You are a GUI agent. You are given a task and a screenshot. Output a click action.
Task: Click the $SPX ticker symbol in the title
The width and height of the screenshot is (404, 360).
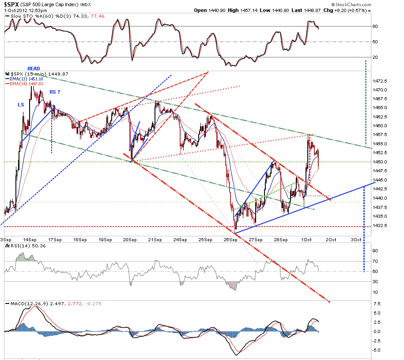pos(11,4)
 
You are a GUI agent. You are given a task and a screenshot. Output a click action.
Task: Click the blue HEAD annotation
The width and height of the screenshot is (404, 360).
pos(34,68)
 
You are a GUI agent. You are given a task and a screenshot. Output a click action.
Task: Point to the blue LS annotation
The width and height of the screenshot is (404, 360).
pos(21,105)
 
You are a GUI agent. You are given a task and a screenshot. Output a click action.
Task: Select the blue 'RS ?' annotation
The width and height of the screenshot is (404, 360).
pos(55,92)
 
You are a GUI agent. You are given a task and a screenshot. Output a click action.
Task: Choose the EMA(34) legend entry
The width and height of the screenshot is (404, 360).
pos(24,83)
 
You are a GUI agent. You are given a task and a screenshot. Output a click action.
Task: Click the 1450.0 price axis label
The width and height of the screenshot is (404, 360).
pos(380,162)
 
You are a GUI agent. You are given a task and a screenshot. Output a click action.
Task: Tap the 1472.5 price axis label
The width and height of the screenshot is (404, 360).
pos(380,81)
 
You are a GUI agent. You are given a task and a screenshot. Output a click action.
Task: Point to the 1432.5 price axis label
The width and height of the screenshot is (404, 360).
pos(380,225)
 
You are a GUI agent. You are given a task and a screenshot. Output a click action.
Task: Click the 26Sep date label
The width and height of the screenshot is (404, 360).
pos(230,240)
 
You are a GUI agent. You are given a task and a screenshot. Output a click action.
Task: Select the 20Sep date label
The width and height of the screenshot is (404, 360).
pos(130,240)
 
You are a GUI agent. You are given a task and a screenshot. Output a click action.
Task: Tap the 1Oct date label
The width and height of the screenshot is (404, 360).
pos(306,240)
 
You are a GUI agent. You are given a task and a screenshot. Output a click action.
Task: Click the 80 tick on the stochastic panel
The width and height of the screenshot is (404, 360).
pos(375,27)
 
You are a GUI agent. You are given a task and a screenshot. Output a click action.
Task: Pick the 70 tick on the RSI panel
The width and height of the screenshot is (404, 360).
pos(375,261)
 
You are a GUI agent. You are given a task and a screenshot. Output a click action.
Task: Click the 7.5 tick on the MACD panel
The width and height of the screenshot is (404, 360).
pos(377,303)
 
